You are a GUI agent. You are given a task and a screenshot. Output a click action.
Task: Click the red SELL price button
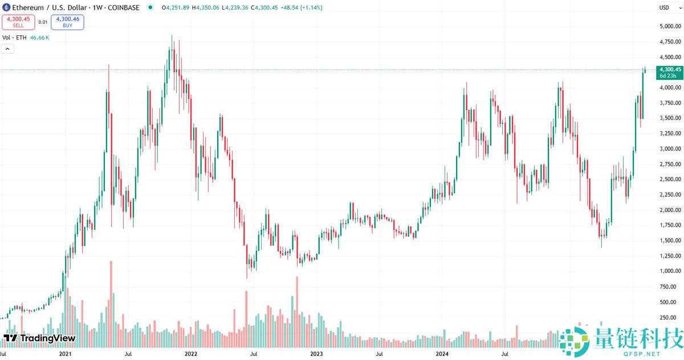click(x=18, y=22)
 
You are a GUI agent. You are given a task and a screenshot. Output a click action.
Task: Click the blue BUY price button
click(x=67, y=22)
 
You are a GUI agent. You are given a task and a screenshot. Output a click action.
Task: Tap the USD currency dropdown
click(x=666, y=7)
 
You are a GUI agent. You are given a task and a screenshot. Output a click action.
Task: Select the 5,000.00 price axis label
click(x=670, y=27)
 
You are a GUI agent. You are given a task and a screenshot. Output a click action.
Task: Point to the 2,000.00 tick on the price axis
click(x=670, y=210)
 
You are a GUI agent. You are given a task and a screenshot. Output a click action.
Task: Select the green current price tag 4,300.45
click(x=669, y=72)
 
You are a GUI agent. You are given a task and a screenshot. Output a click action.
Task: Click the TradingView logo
click(x=39, y=338)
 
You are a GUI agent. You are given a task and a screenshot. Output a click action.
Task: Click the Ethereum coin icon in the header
click(x=6, y=7)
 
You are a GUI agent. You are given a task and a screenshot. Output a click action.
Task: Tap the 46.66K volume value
click(x=40, y=38)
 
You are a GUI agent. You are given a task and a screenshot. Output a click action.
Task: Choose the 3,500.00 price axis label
click(x=670, y=118)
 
